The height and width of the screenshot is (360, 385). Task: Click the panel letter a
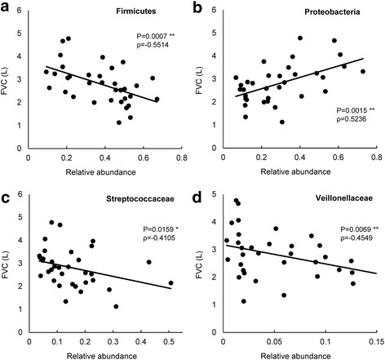click(x=7, y=8)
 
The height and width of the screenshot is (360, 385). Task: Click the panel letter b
click(x=197, y=8)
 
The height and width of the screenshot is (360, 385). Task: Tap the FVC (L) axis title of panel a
click(x=9, y=78)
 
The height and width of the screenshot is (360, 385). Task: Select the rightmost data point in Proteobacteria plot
click(x=363, y=72)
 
